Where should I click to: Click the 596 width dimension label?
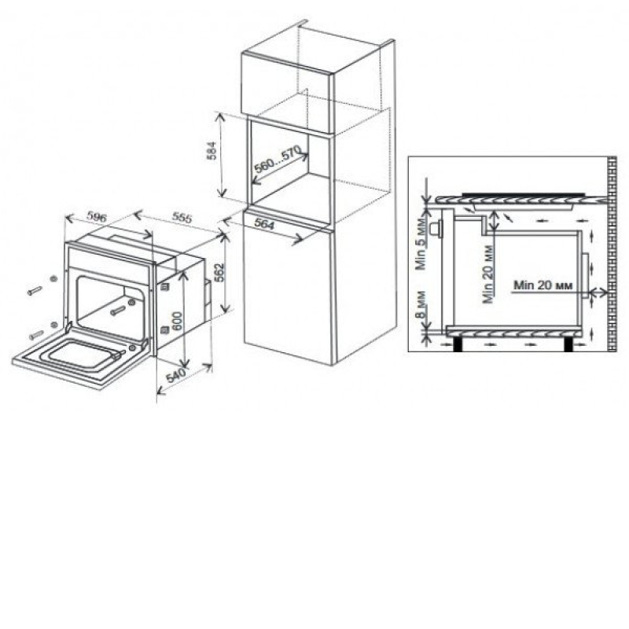[97, 217]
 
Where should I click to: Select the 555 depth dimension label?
[182, 217]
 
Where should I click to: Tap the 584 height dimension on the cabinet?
[212, 151]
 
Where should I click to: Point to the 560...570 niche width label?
[278, 160]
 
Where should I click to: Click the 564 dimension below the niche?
[264, 223]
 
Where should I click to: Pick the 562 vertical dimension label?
[220, 273]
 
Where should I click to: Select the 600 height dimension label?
[177, 321]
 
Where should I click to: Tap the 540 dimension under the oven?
[175, 375]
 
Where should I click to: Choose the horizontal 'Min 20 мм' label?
[543, 285]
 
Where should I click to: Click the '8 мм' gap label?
[420, 305]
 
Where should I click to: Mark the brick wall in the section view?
[612, 254]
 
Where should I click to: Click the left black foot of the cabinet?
[458, 344]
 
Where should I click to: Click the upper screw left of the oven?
[35, 290]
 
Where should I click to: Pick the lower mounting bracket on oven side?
[164, 330]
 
